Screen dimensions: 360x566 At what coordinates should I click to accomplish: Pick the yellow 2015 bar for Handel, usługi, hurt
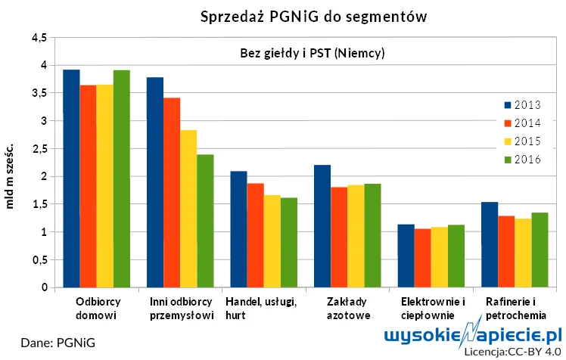coord(272,241)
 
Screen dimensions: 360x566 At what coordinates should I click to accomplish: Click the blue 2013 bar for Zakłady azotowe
coord(322,226)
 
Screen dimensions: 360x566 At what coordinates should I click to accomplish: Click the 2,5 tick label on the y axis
coord(39,148)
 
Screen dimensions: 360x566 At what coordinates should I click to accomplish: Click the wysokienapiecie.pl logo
coord(474,335)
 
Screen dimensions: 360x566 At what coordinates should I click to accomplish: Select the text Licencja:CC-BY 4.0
coord(512,352)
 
